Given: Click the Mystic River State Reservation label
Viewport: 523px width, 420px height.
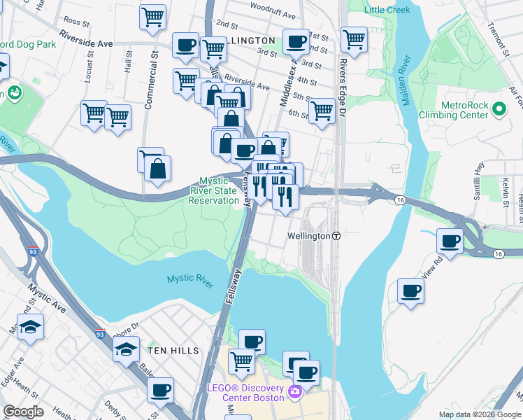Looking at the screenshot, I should click(214, 190).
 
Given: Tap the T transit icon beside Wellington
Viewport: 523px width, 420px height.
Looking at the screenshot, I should click(336, 236).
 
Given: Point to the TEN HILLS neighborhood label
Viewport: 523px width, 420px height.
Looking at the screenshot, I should click(173, 350).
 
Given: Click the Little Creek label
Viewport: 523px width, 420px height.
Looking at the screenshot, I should click(388, 10).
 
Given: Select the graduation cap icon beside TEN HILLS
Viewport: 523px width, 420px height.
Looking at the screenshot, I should click(126, 348).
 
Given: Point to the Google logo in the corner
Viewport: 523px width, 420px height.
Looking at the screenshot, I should click(23, 412).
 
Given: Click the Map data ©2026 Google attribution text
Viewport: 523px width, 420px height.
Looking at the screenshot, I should click(479, 414).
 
